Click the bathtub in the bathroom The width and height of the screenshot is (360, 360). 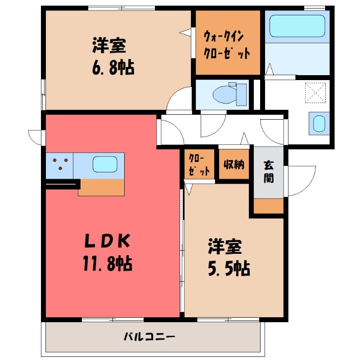297,26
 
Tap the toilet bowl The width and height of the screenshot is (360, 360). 225,94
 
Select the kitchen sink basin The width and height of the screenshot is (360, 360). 105,164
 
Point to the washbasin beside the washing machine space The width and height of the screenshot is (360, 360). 319,123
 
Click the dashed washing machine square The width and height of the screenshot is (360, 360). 315,93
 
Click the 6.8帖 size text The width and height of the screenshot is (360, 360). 113,68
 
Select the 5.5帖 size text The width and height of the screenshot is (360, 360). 229,268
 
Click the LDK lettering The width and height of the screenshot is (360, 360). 108,241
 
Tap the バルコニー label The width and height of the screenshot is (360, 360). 149,337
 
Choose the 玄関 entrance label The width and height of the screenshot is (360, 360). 268,172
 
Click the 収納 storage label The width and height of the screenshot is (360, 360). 234,164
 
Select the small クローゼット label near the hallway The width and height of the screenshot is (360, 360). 199,164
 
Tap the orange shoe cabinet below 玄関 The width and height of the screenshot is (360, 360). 269,206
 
